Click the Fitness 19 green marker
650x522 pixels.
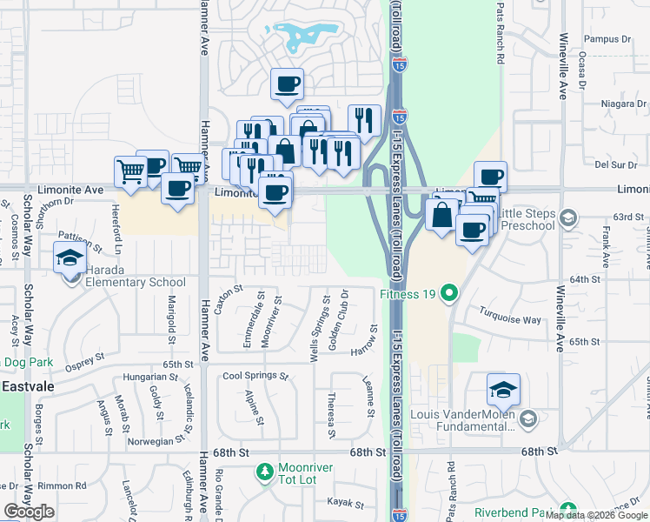pyautogui.click(x=449, y=293)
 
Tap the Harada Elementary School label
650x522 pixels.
pyautogui.click(x=136, y=282)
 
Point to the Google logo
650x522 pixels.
pyautogui.click(x=29, y=512)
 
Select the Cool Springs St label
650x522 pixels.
pyautogui.click(x=255, y=376)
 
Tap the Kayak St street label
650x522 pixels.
pyautogui.click(x=345, y=502)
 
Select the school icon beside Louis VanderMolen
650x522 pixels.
pyautogui.click(x=503, y=391)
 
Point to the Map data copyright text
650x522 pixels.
pyautogui.click(x=596, y=515)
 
